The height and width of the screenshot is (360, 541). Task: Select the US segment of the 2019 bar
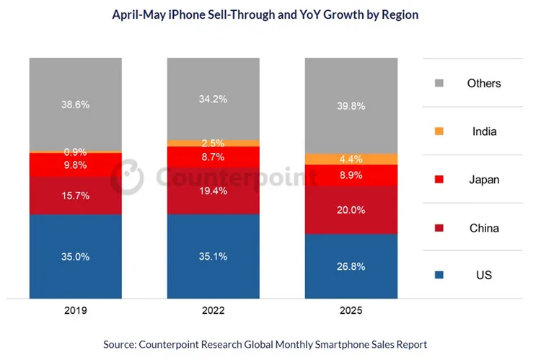[x=75, y=254]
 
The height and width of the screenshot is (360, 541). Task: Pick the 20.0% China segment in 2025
[x=351, y=210]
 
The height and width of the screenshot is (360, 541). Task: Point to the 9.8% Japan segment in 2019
[x=75, y=164]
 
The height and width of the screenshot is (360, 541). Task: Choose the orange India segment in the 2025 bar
[x=351, y=159]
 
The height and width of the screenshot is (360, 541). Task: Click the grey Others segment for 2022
[x=214, y=98]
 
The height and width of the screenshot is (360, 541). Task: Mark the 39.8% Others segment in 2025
[x=351, y=105]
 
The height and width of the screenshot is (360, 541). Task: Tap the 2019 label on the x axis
[x=75, y=311]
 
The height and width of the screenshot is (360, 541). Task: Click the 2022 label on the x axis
[x=214, y=311]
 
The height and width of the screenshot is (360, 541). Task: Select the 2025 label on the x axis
[x=351, y=311]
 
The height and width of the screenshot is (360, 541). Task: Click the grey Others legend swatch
[x=439, y=83]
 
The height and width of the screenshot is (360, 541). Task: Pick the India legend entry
[x=483, y=131]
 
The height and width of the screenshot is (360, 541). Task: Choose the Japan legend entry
[x=483, y=180]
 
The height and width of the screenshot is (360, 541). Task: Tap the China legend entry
[x=483, y=228]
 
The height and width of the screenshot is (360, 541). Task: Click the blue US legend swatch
[x=439, y=276]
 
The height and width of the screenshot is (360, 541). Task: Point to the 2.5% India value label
[x=214, y=144]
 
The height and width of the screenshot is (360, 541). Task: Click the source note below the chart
[x=265, y=344]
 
